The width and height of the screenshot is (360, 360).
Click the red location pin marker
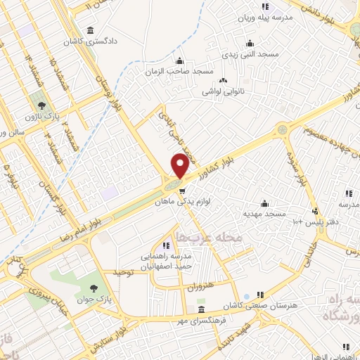pyautogui.click(x=180, y=165)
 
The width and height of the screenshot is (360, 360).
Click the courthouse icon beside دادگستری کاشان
pyautogui.click(x=91, y=31)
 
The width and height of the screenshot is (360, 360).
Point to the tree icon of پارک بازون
pyautogui.click(x=42, y=106)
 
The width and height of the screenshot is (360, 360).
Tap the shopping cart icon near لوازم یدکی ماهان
pyautogui.click(x=183, y=191)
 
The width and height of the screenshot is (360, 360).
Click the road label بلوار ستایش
pyautogui.click(x=111, y=337)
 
